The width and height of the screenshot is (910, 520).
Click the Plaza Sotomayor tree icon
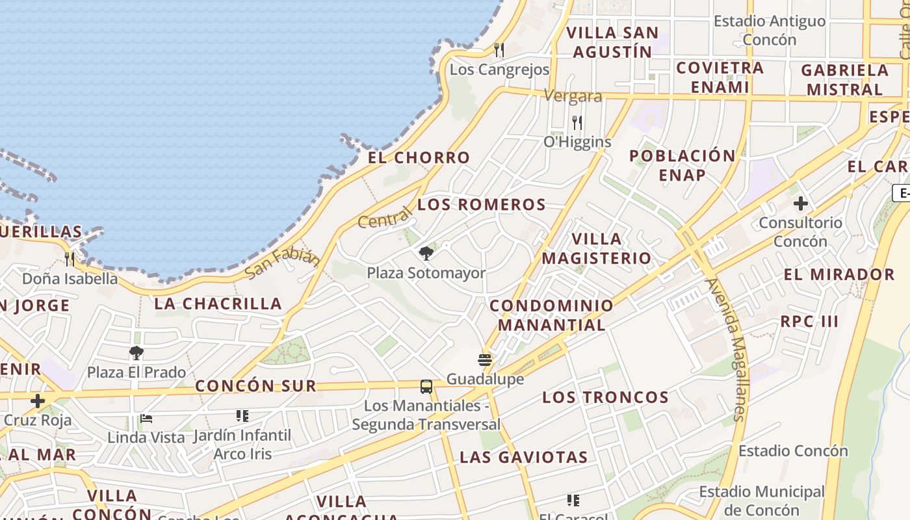pyautogui.click(x=426, y=253)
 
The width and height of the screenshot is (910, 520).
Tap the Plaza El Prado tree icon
pyautogui.click(x=136, y=353)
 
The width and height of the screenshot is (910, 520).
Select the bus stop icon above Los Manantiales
pyautogui.click(x=426, y=387)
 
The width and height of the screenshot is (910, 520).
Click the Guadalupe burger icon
pyautogui.click(x=485, y=359)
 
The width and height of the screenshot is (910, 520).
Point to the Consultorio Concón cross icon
pyautogui.click(x=801, y=203)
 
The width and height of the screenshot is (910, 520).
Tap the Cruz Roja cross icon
pyautogui.click(x=38, y=401)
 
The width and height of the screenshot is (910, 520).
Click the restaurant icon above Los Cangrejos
pyautogui.click(x=499, y=49)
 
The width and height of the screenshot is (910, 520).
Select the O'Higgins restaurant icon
pyautogui.click(x=577, y=122)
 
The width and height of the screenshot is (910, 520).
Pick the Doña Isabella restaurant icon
pyautogui.click(x=70, y=259)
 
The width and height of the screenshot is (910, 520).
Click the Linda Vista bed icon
pyautogui.click(x=146, y=418)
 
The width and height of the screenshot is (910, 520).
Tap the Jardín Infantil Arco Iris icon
pyautogui.click(x=242, y=415)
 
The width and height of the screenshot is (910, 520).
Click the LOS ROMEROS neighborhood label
pyautogui.click(x=482, y=205)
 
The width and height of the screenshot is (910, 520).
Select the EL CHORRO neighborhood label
pyautogui.click(x=419, y=157)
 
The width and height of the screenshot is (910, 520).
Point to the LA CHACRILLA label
pyautogui.click(x=218, y=304)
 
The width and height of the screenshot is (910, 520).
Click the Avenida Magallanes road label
pyautogui.click(x=727, y=350)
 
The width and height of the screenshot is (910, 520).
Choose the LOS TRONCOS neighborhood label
pyautogui.click(x=605, y=397)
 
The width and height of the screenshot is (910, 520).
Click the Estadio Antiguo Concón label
pyautogui.click(x=770, y=30)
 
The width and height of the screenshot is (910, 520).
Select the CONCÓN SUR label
pyautogui.click(x=255, y=385)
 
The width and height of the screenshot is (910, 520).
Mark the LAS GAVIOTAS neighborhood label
pyautogui.click(x=523, y=457)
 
